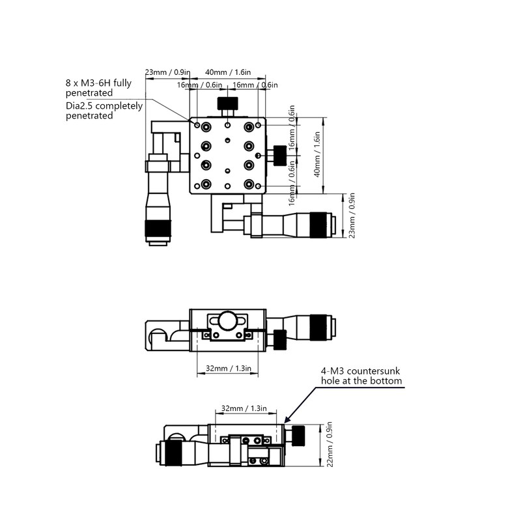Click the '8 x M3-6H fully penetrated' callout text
point(98,88)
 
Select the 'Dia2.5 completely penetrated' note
point(104,111)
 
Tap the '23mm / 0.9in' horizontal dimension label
point(167,72)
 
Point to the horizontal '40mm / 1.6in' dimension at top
point(228,72)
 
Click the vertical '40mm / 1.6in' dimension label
point(317,154)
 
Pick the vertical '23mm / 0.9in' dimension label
point(352,216)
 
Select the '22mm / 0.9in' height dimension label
point(330,444)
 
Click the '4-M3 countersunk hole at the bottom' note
point(361,376)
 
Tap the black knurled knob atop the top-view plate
point(227,104)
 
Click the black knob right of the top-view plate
point(280,156)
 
